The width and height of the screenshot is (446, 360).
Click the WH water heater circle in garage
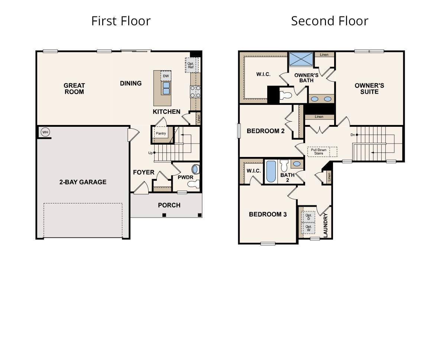coord(45,132)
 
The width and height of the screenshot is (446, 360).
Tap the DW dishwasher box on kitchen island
coord(166,76)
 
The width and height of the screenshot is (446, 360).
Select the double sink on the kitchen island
coord(166,88)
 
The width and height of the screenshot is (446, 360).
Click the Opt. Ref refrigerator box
coord(191,65)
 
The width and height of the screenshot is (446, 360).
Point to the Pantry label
coord(161,133)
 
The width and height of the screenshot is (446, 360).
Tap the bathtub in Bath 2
coord(271,171)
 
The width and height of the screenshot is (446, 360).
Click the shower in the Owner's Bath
coord(301,59)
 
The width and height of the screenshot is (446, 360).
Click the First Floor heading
coord(121,21)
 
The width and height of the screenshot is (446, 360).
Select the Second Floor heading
coord(329,21)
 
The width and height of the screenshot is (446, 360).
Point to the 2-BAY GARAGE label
coord(83,182)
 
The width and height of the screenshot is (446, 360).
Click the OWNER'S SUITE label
coord(369,89)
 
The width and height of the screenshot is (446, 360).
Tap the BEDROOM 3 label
coord(268,214)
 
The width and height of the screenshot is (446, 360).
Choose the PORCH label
coord(169,205)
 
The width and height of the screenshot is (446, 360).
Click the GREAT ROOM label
coord(74,89)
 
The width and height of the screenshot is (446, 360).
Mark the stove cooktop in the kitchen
coord(195,91)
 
